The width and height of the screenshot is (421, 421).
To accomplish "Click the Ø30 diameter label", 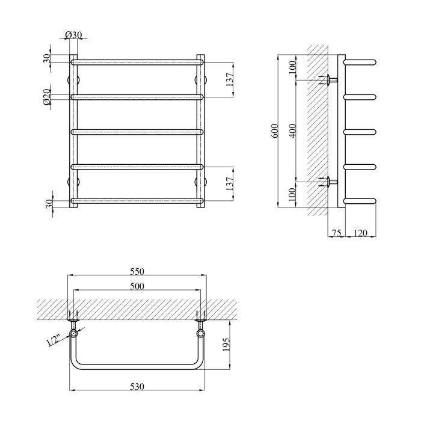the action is click(x=73, y=35).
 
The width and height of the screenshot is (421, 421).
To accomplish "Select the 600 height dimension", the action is click(x=274, y=131).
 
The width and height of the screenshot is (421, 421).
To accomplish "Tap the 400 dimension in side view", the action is click(x=293, y=131).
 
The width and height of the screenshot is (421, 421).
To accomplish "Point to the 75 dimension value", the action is click(x=336, y=233).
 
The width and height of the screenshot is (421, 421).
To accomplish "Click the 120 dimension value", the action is click(x=360, y=233).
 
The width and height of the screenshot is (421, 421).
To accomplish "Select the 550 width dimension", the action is click(x=137, y=271).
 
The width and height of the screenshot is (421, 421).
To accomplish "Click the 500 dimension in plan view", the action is click(x=137, y=286).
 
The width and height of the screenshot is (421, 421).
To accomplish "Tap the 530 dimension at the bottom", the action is click(x=137, y=387).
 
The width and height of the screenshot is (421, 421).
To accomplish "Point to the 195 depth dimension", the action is click(x=226, y=345).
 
